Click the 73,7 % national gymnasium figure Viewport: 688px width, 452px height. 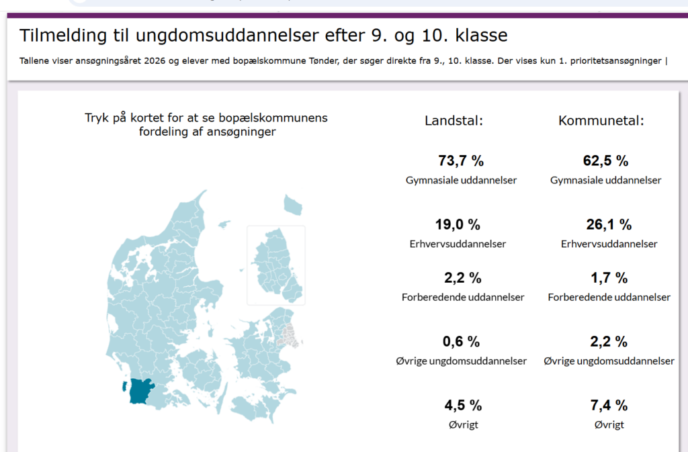click(461, 161)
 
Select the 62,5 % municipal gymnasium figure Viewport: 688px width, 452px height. click(605, 161)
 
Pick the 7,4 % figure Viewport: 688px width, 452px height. click(609, 405)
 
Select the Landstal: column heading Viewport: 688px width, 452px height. click(454, 121)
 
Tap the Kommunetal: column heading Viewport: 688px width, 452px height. click(601, 121)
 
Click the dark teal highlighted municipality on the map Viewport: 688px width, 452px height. click(140, 391)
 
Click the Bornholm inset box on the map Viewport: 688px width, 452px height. click(276, 265)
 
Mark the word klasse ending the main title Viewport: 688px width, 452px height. click(483, 36)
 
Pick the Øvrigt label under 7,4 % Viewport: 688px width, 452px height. click(609, 424)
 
